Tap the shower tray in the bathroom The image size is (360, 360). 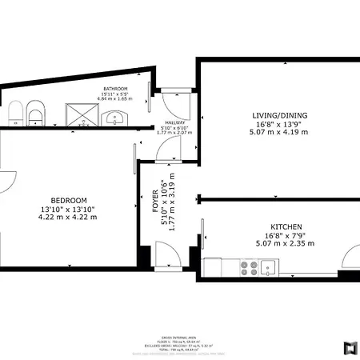(80, 115)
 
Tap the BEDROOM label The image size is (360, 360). (68, 200)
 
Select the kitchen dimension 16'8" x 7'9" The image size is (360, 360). (285, 236)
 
